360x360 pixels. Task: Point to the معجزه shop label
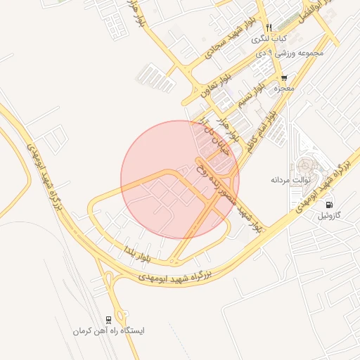(285, 89)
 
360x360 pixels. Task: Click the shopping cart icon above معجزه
(284, 78)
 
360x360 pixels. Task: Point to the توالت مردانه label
(290, 180)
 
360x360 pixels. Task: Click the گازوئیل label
(330, 214)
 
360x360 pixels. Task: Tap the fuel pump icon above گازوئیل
(330, 205)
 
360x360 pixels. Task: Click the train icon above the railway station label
(108, 319)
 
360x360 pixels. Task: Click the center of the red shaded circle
(180, 179)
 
